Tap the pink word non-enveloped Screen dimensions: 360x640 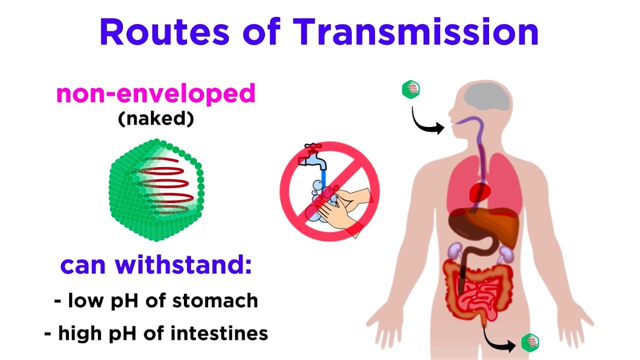pyautogui.click(x=155, y=93)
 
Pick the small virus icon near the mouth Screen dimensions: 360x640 pyautogui.click(x=410, y=89)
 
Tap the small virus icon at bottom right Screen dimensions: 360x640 pyautogui.click(x=529, y=342)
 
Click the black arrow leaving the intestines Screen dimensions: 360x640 pyautogui.click(x=497, y=339)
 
